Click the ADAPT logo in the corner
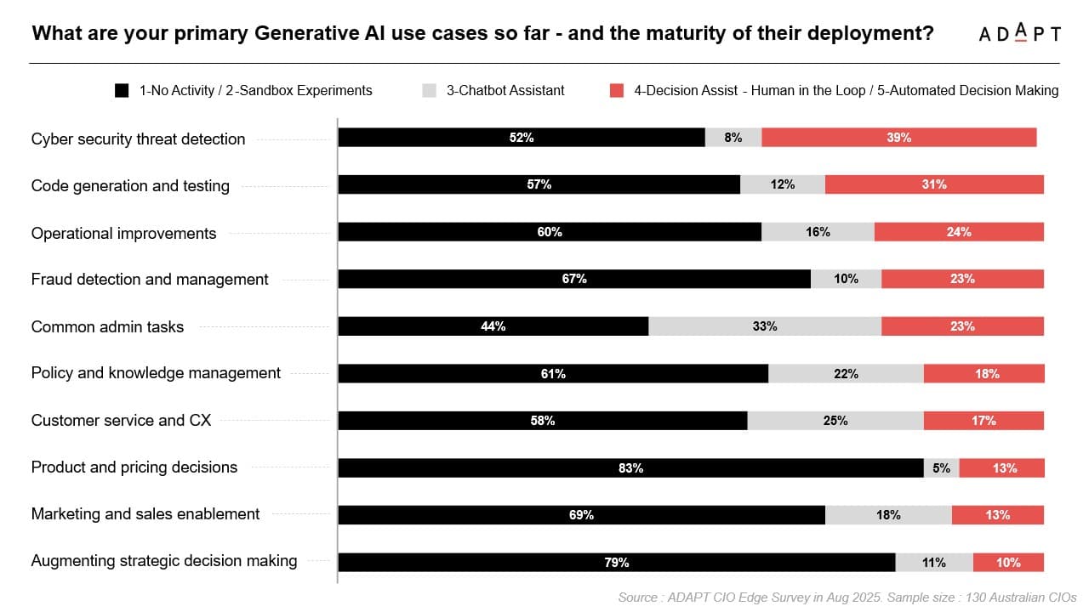coord(1019,34)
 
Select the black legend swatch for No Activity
coord(122,90)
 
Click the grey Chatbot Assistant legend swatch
coord(429,90)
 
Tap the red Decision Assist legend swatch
coord(617,90)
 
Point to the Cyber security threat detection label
coord(138,139)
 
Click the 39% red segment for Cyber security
coord(898,138)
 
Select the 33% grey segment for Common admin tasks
coord(764,326)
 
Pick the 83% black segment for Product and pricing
coord(630,468)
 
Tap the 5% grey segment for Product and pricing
coord(941,468)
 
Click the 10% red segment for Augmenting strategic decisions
coord(1008,563)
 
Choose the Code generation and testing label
coord(130,186)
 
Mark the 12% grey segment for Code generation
coord(782,184)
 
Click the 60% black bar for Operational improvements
coord(549,232)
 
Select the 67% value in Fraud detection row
coord(574,279)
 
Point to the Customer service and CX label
coord(121,420)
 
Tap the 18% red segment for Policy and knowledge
coord(984,374)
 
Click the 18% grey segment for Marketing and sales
coord(887,515)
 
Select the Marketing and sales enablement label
coord(145,514)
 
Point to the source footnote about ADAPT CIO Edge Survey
coord(847,598)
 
